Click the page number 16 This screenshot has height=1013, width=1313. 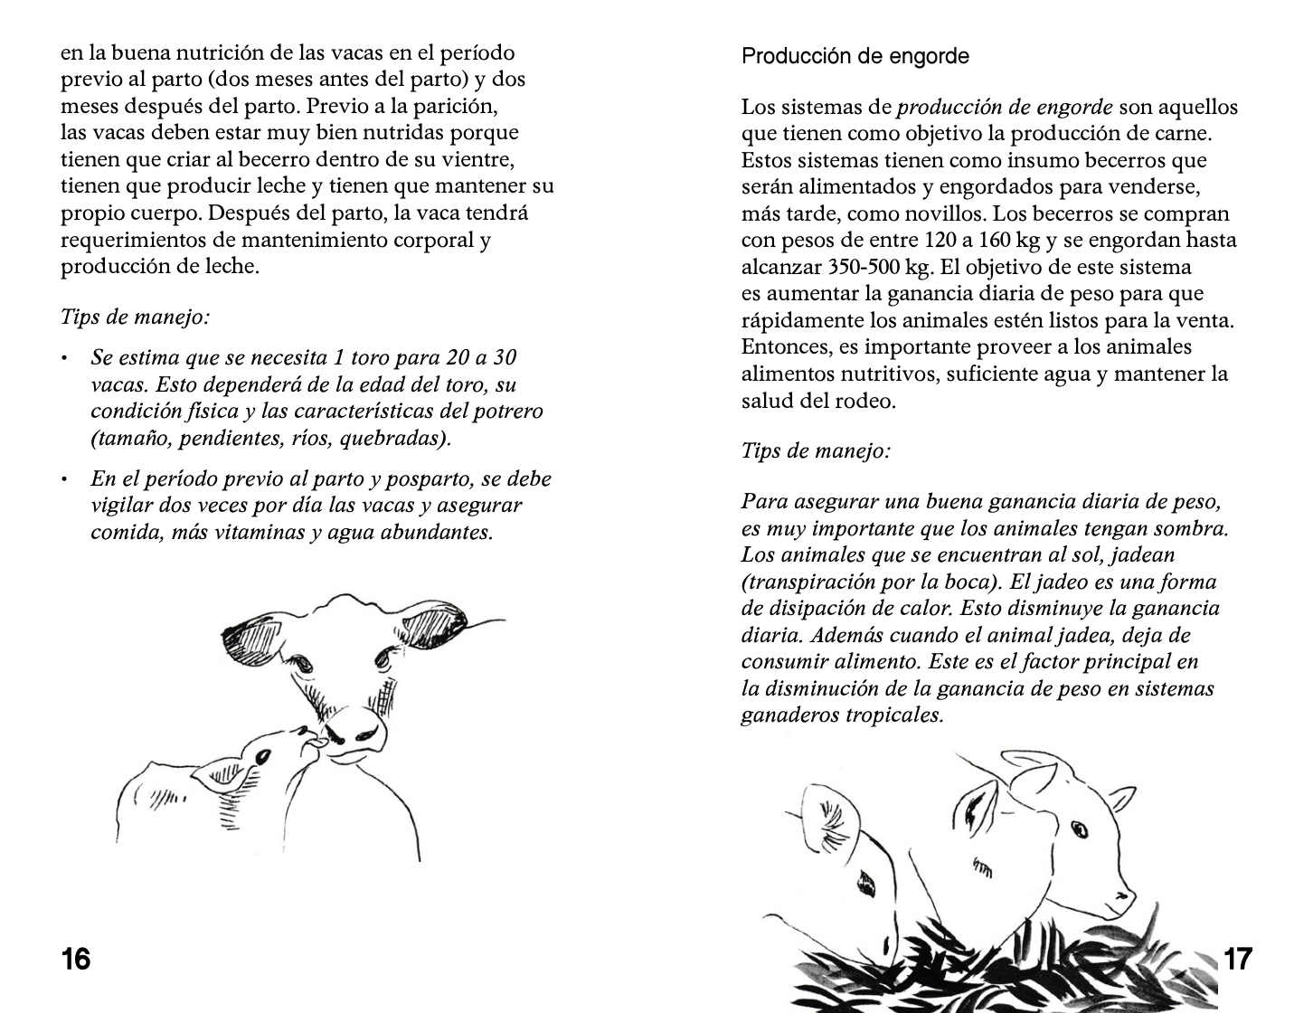[76, 958]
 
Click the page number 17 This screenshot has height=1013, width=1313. [1237, 958]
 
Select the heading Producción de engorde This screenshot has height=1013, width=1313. [855, 56]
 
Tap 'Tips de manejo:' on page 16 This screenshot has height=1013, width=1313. [135, 317]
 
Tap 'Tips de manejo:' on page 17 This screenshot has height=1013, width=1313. [816, 450]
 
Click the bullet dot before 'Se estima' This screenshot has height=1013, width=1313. [65, 359]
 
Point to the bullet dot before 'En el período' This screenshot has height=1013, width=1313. [65, 480]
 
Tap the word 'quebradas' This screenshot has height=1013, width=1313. [399, 439]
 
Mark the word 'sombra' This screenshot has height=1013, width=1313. [1189, 528]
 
